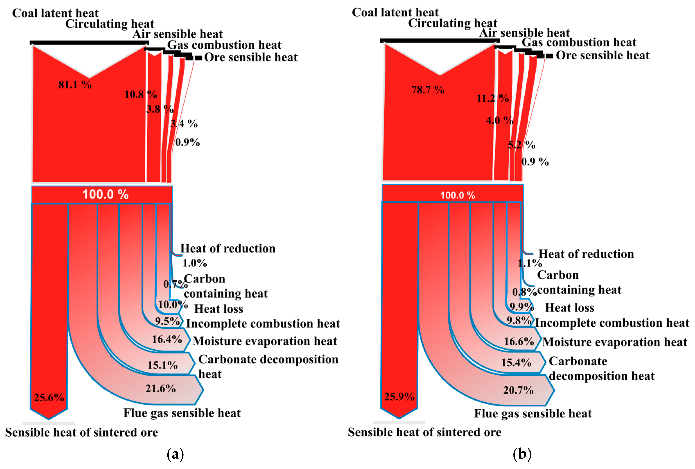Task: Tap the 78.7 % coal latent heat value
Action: coord(428,90)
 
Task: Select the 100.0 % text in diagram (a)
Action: coord(105,194)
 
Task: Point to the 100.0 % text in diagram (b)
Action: coord(457,195)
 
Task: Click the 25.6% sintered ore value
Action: coord(49,398)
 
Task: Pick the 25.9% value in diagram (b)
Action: coord(399,397)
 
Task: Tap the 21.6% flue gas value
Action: coord(161,389)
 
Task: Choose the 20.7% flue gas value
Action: coord(518,390)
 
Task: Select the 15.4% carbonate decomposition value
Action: coord(516,363)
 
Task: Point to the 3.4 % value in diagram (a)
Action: coord(184,123)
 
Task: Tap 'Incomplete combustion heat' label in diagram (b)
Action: coord(612,323)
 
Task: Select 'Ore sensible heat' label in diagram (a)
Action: coord(251,57)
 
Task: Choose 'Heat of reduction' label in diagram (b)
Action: coord(586,254)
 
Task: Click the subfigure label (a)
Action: coord(175,454)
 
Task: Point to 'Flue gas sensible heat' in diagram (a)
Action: coord(182,413)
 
